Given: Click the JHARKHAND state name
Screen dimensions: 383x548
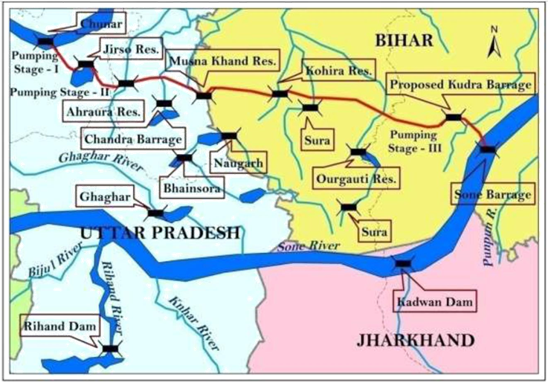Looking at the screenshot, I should [x=415, y=341].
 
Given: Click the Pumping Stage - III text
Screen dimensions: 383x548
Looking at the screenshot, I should [x=421, y=138].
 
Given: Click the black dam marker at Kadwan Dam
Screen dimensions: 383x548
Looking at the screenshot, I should [x=403, y=263].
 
